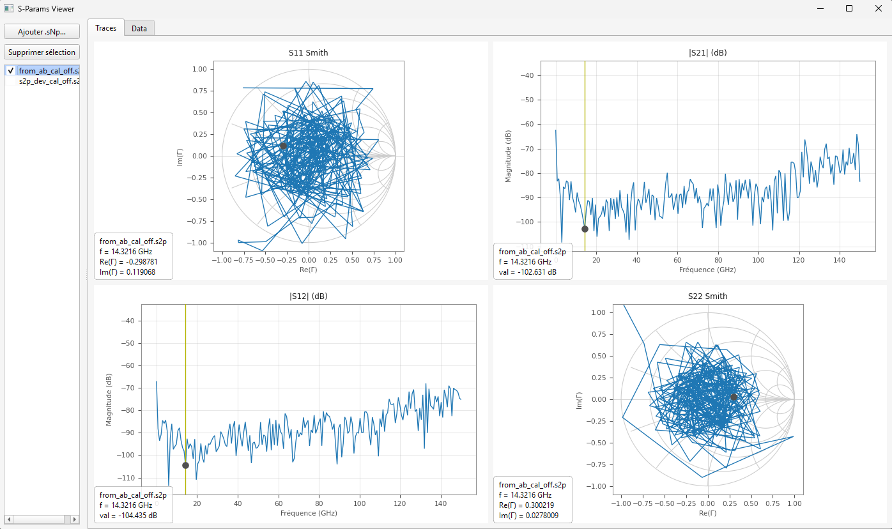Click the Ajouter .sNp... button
pos(42,31)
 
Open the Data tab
pos(139,28)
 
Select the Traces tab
pos(105,28)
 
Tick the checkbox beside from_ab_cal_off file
pos(10,71)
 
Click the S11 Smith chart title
pos(308,53)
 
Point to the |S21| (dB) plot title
pos(707,53)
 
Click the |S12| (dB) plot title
pos(309,296)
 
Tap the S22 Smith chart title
pos(707,296)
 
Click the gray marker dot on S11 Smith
pos(283,146)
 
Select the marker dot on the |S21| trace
pos(585,229)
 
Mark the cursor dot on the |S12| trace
pos(185,465)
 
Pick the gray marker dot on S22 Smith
pos(734,397)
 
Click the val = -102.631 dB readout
pos(528,272)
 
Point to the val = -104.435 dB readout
pos(128,516)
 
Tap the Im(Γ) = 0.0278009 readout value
pos(528,516)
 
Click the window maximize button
pos(849,8)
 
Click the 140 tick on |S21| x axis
pos(840,261)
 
